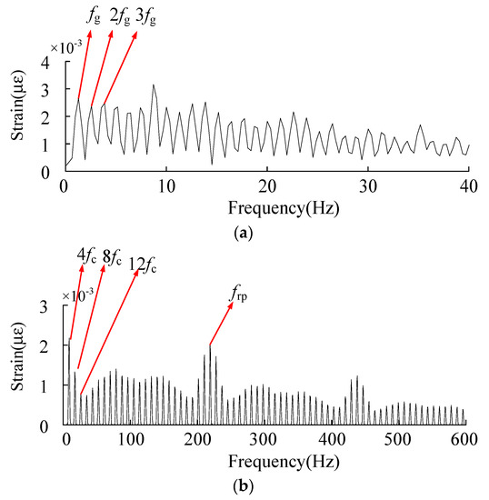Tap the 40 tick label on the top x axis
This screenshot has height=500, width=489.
point(469,186)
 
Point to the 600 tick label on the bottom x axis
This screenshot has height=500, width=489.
point(463,441)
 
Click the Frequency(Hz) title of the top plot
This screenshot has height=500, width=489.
point(265,208)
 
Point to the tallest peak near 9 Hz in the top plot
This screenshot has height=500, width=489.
point(154,85)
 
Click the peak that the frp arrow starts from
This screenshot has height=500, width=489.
point(210,345)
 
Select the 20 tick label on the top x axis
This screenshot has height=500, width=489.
point(265,186)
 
